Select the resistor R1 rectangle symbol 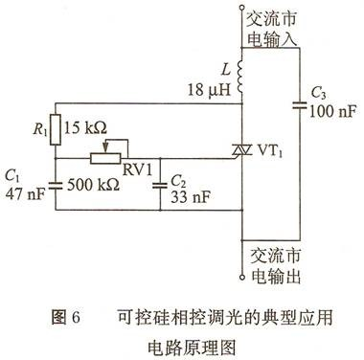[56, 126]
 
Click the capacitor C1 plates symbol [56, 184]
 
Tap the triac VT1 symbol [239, 151]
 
